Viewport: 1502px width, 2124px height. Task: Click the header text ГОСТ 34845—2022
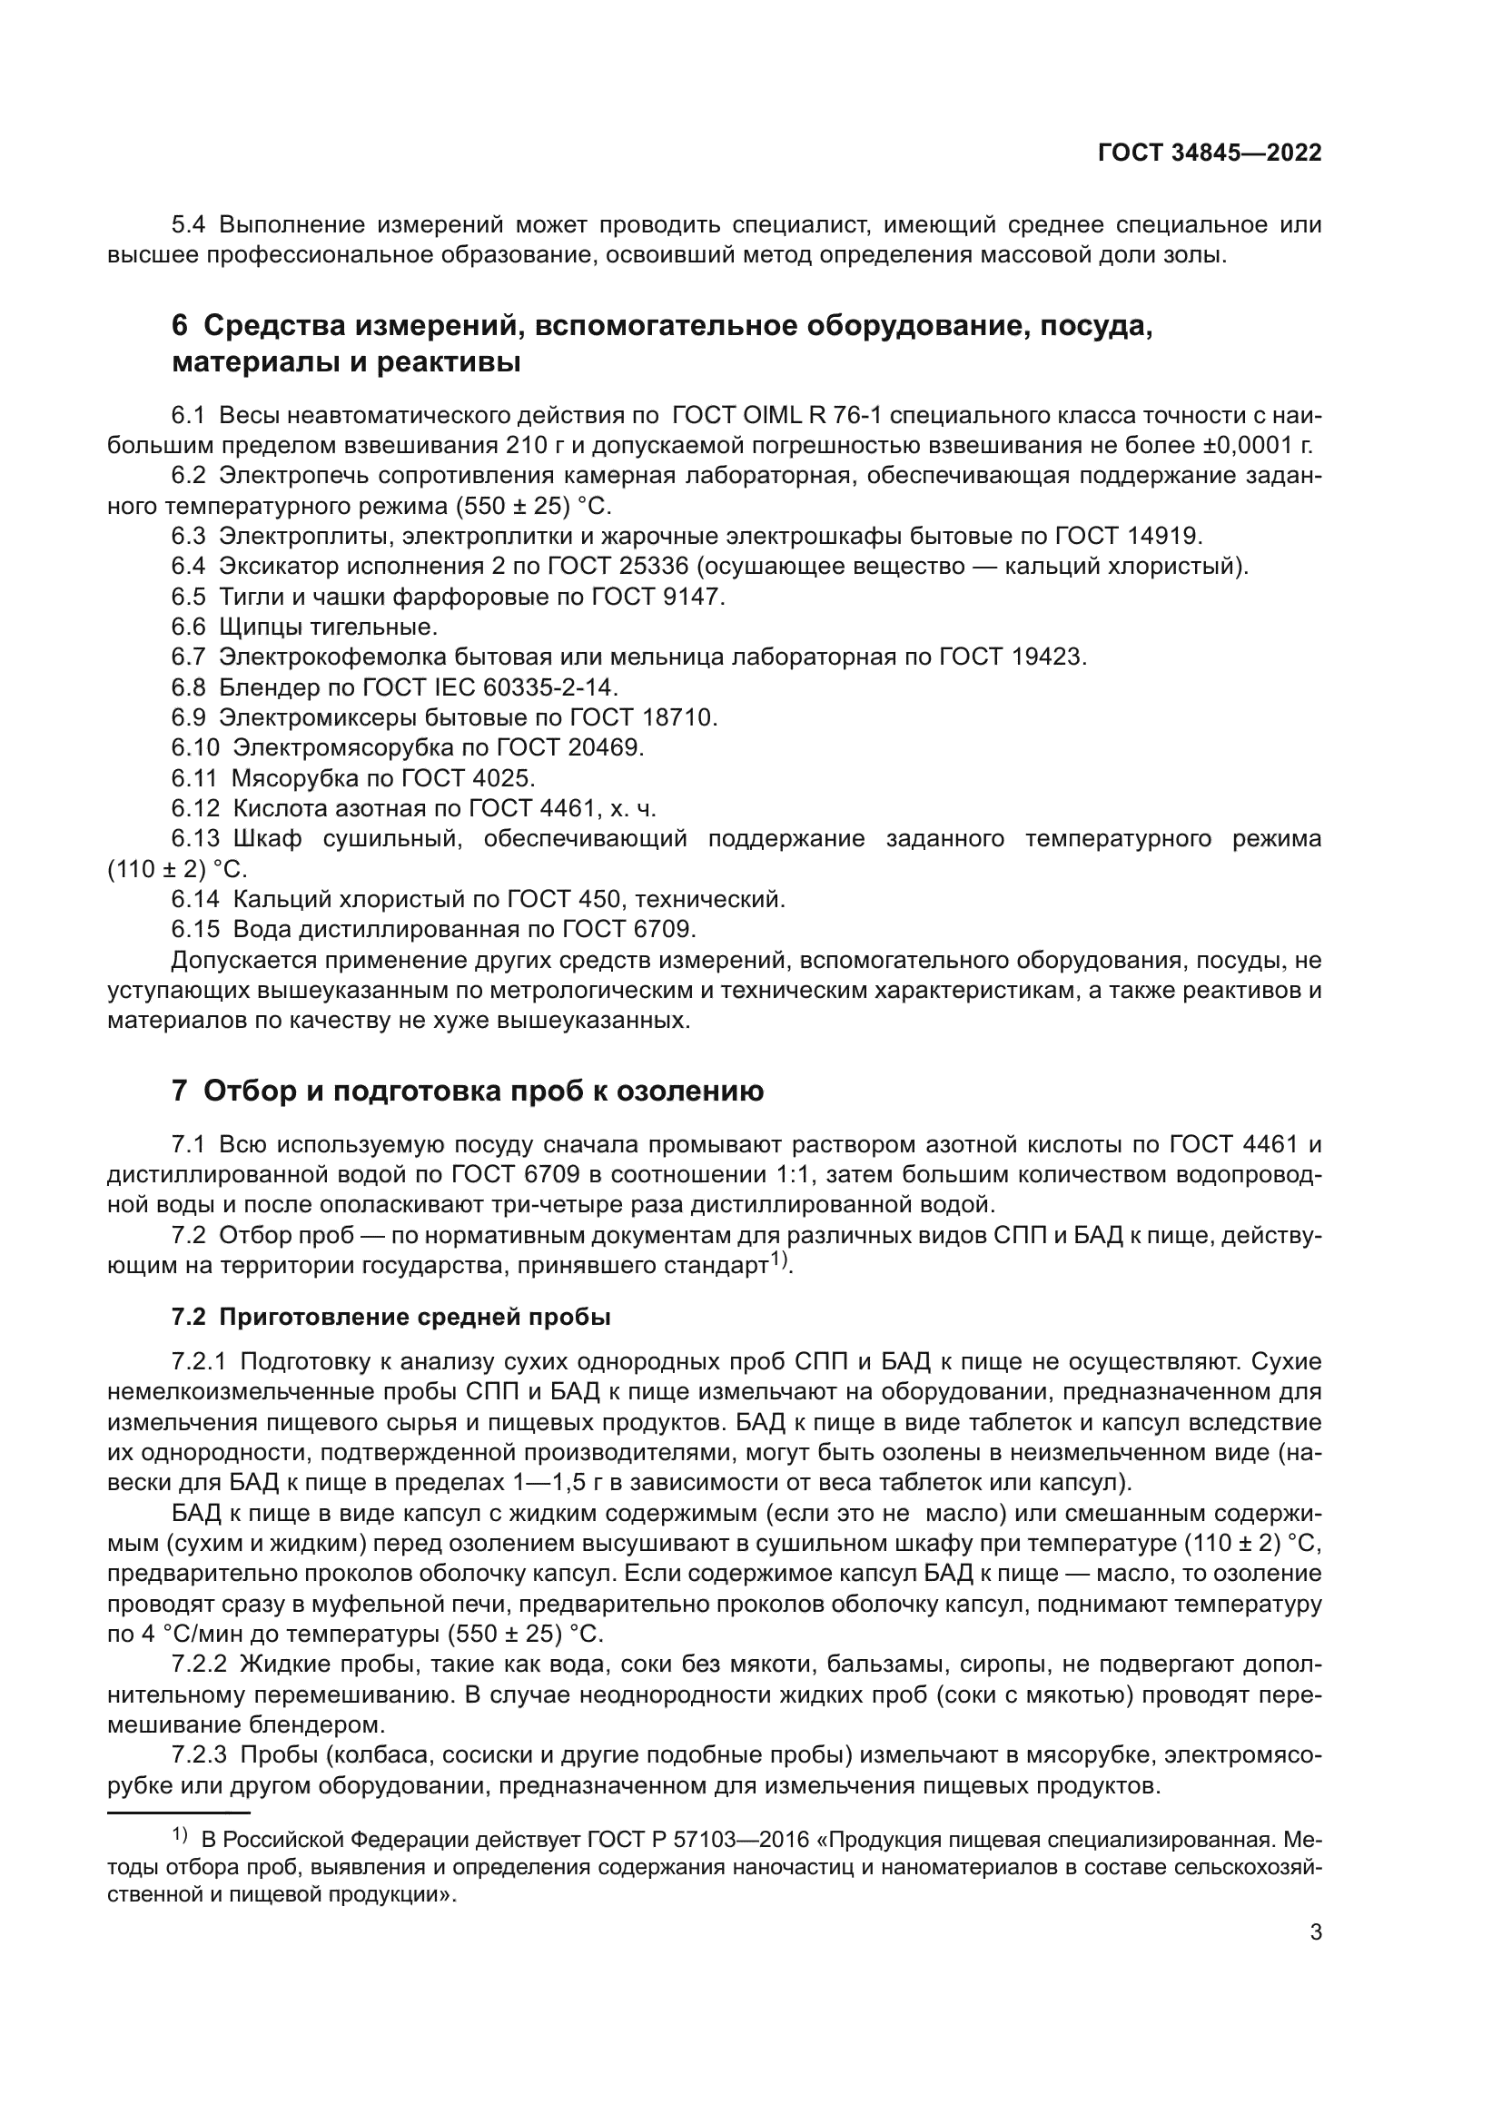point(1209,153)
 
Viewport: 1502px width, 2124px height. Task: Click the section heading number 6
point(180,327)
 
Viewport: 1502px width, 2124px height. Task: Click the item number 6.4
point(189,566)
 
